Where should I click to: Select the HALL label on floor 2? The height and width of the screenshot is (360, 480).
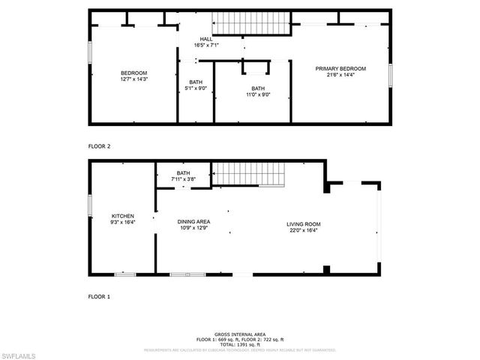click(x=207, y=39)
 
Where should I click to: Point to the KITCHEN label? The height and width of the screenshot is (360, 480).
click(x=123, y=216)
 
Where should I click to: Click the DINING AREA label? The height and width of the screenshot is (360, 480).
click(x=193, y=221)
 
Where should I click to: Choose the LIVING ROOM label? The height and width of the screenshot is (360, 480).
click(x=304, y=224)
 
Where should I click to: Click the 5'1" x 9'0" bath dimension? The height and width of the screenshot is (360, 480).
click(x=196, y=88)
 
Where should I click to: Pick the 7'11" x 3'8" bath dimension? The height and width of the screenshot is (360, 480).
click(x=184, y=179)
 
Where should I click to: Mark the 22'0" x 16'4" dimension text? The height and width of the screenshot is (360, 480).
click(x=304, y=230)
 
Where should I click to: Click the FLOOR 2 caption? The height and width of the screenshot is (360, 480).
click(x=100, y=146)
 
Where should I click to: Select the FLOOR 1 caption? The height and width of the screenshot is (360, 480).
click(x=100, y=297)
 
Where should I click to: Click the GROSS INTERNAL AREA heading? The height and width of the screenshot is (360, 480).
click(x=240, y=335)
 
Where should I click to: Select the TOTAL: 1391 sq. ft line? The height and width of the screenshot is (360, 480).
click(x=240, y=344)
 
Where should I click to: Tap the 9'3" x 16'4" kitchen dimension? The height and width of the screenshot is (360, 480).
click(x=123, y=222)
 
